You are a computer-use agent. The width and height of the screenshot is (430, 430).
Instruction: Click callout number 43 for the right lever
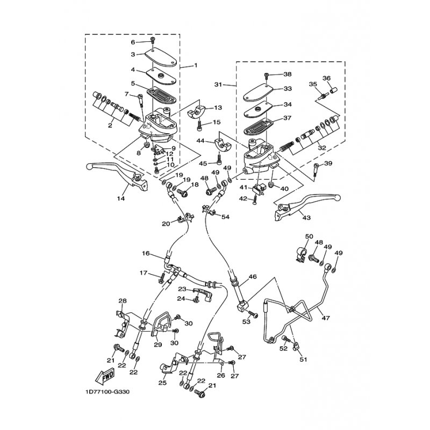click(306, 218)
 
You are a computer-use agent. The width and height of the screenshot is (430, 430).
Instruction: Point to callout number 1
click(196, 65)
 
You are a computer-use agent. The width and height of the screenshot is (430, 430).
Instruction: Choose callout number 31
click(218, 85)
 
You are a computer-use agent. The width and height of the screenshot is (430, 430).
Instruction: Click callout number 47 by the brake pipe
click(326, 318)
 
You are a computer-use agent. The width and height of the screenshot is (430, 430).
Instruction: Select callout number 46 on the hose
click(253, 277)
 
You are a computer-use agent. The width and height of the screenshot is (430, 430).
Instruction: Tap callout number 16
click(146, 253)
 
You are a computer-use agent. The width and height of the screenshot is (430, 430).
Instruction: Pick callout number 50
click(309, 236)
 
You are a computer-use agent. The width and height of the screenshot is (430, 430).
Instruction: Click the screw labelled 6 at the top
click(153, 41)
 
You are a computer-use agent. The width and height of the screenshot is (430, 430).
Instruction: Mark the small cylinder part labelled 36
click(333, 90)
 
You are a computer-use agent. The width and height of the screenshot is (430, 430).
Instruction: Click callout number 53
click(247, 321)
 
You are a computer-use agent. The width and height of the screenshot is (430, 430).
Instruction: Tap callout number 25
click(163, 383)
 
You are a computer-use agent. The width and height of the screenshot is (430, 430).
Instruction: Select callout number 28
click(123, 301)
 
